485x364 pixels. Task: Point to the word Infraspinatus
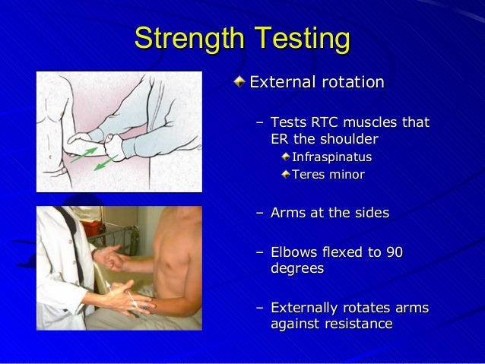(x=332, y=158)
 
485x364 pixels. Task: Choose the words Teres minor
(x=328, y=176)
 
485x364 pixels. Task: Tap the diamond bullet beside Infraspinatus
(x=286, y=158)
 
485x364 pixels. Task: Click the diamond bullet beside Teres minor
(x=286, y=176)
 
